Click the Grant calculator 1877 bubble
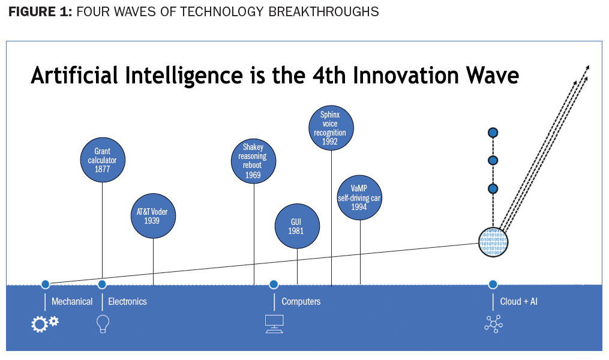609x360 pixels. tap(102, 160)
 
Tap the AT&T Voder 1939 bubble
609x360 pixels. tap(154, 216)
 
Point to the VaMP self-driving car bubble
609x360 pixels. tap(359, 198)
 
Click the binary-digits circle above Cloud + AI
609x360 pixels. tap(493, 242)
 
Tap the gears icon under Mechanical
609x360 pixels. tap(45, 323)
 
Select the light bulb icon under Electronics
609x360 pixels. tap(103, 324)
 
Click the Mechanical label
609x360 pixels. tap(72, 301)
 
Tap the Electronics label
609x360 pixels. tap(127, 301)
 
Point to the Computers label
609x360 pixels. tap(301, 301)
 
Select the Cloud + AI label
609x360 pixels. tap(518, 301)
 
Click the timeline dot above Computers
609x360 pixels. tap(274, 284)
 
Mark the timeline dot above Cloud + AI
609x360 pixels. tap(493, 284)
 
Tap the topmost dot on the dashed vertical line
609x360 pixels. tap(493, 132)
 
